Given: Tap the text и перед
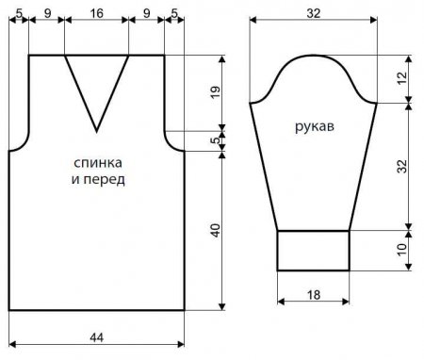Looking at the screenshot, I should (x=97, y=179).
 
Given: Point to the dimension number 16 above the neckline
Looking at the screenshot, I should (x=97, y=14).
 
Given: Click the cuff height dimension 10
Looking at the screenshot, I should (x=401, y=251).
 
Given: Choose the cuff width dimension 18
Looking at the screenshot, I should (x=314, y=295).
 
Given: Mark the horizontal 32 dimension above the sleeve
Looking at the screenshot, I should (x=314, y=14).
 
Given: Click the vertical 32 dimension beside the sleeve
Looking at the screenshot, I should (x=401, y=165).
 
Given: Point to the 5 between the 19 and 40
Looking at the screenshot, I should (x=216, y=141).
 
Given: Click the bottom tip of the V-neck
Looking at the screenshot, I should (x=96, y=129).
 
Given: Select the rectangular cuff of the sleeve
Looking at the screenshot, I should (x=314, y=251).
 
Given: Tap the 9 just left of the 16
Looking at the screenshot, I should (x=47, y=14).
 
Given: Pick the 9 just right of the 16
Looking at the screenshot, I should (x=146, y=14).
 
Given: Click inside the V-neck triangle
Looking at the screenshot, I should (x=96, y=80).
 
